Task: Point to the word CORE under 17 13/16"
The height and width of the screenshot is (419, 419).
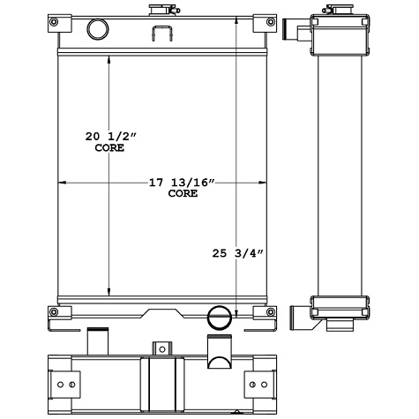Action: [183, 193]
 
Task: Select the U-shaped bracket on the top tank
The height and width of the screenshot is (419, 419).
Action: [162, 34]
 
